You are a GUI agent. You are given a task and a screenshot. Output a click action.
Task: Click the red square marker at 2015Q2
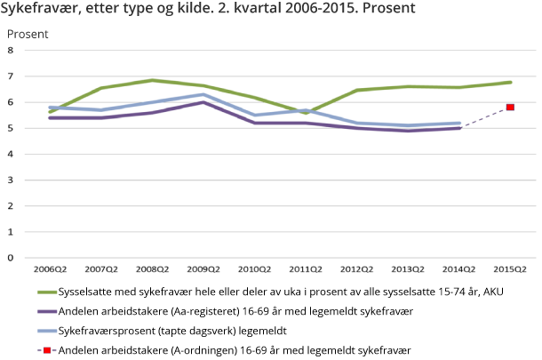click(510, 108)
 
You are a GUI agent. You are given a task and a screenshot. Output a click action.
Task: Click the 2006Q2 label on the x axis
click(50, 268)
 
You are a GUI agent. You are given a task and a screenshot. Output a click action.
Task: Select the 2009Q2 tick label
click(203, 268)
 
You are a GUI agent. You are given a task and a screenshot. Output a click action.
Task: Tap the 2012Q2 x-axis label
click(356, 268)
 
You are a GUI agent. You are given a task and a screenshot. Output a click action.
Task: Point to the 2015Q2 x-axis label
click(510, 268)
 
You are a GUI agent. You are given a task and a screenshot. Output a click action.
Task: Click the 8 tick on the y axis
click(11, 51)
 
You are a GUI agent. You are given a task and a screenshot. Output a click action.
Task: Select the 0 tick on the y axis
click(11, 258)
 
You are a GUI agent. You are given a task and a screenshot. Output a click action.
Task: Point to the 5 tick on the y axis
click(11, 128)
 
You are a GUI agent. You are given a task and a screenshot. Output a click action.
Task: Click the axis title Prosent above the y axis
click(28, 34)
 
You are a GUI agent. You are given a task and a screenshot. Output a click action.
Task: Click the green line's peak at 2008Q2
click(153, 80)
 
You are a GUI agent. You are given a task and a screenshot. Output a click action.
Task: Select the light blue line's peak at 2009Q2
click(203, 94)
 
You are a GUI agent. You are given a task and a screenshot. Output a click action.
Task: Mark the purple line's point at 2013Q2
click(408, 131)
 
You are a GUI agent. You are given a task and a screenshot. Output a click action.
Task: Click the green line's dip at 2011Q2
click(306, 113)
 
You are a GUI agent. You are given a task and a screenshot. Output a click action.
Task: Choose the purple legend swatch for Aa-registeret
click(45, 311)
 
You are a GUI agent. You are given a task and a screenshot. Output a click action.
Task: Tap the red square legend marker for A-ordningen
click(45, 350)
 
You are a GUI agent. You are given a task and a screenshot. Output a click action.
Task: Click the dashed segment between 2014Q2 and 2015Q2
click(484, 117)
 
